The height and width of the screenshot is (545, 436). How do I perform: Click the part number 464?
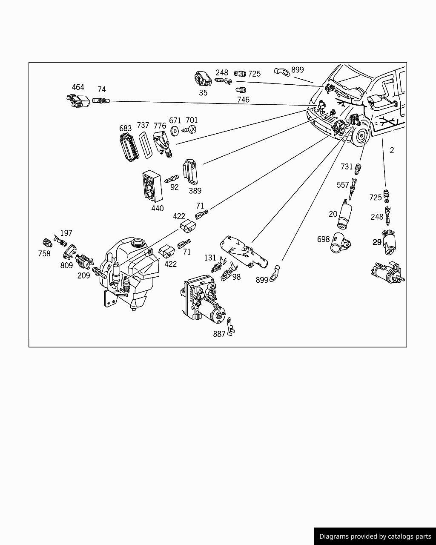pyautogui.click(x=78, y=87)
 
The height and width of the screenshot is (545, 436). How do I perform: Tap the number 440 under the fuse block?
pyautogui.click(x=157, y=209)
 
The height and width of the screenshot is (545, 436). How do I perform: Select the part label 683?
pyautogui.click(x=125, y=128)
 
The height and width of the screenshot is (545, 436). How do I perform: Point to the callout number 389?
pyautogui.click(x=195, y=191)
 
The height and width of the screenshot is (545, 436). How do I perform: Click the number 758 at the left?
pyautogui.click(x=44, y=254)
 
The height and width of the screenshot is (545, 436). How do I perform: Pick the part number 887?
pyautogui.click(x=219, y=334)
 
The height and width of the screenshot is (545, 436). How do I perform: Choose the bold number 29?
pyautogui.click(x=377, y=242)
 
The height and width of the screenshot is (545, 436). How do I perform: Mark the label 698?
pyautogui.click(x=323, y=239)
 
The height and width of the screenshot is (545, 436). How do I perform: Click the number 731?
pyautogui.click(x=347, y=166)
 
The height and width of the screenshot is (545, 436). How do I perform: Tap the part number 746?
pyautogui.click(x=243, y=100)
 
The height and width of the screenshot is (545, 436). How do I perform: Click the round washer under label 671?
pyautogui.click(x=175, y=131)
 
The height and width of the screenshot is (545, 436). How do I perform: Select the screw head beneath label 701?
pyautogui.click(x=191, y=129)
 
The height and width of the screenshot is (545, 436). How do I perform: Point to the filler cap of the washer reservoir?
pyautogui.click(x=138, y=244)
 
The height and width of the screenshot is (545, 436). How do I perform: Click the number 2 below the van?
pyautogui.click(x=392, y=150)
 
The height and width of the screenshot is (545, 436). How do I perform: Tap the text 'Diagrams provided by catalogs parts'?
pyautogui.click(x=375, y=536)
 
